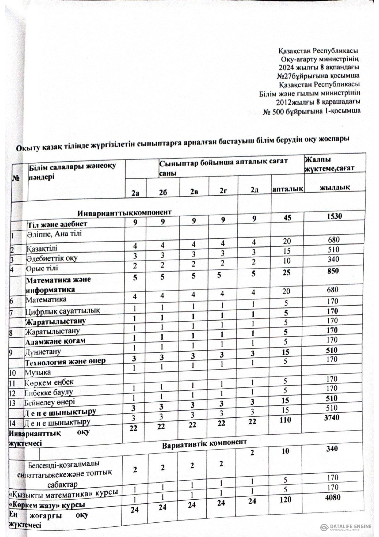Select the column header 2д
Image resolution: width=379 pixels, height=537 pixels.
click(x=253, y=190)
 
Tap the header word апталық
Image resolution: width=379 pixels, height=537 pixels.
click(x=287, y=189)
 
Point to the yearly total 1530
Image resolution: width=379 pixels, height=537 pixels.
click(x=334, y=216)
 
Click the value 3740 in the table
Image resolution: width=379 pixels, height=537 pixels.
click(x=331, y=417)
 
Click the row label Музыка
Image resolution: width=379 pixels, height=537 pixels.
click(x=38, y=372)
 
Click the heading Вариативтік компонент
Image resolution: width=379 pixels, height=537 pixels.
click(x=204, y=443)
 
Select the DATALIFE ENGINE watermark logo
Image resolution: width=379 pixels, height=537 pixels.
click(x=346, y=527)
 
